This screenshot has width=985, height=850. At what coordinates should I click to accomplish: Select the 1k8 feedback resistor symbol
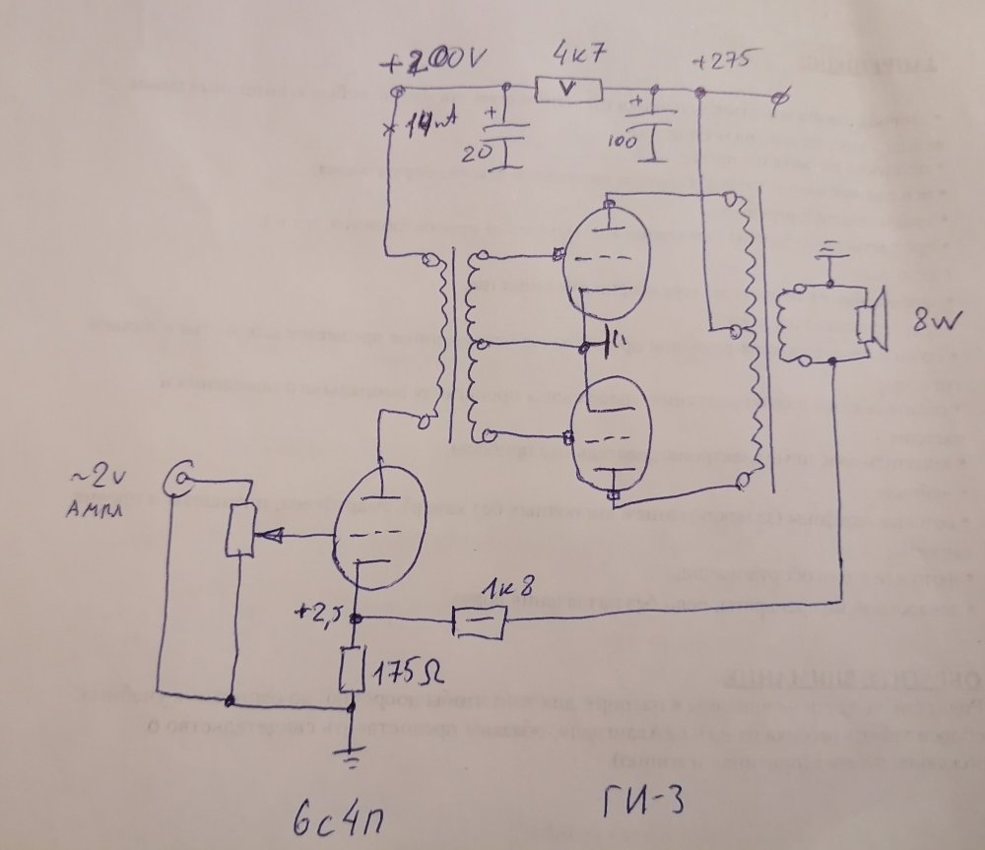pyautogui.click(x=480, y=621)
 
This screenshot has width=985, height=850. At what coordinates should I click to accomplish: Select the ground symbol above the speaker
pyautogui.click(x=829, y=250)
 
